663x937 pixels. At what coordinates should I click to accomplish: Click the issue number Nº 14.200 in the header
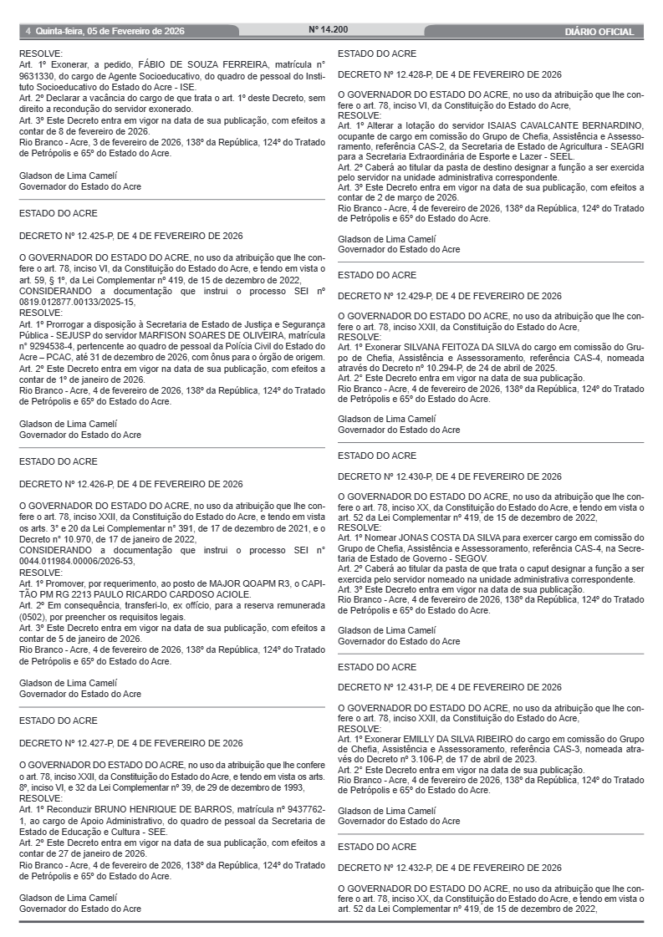click(329, 29)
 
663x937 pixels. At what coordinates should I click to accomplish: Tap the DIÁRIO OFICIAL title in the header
click(599, 32)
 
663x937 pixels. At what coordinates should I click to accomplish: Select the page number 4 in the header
click(28, 32)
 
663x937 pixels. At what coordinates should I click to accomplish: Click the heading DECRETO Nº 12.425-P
click(131, 236)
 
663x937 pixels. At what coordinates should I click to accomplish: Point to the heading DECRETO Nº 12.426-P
click(131, 483)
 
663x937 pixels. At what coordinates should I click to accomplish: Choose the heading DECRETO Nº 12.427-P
click(131, 742)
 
